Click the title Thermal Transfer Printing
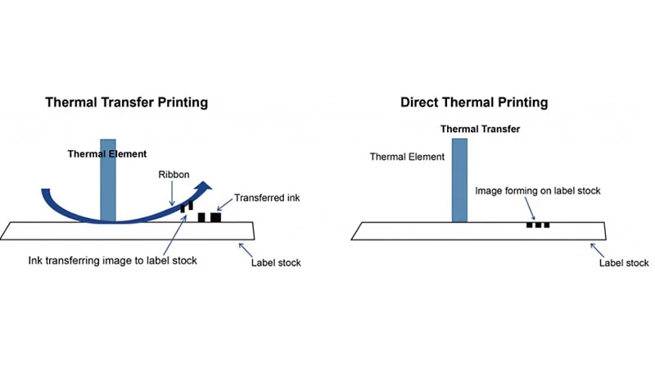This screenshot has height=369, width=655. coord(126,102)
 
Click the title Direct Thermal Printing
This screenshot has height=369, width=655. coord(474,102)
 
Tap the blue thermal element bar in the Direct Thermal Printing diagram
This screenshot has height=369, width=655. coord(458,180)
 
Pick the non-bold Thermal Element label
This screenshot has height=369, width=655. coord(407,157)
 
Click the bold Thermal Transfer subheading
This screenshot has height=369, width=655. coord(480,129)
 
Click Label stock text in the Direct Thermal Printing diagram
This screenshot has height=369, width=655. coord(623,262)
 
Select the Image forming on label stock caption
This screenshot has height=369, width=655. coord(538,191)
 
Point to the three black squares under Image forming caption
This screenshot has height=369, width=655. coord(538,224)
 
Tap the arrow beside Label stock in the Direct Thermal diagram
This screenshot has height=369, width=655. coord(599,248)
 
